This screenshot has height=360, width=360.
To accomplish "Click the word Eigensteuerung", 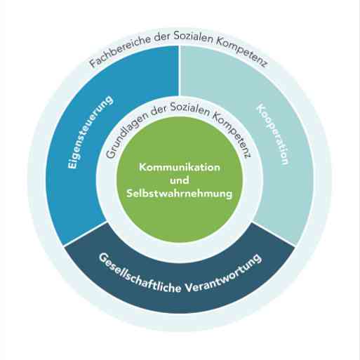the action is pos(90,131).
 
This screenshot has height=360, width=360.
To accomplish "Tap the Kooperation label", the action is pos(273,134).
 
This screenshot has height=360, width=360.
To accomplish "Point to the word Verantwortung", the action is pos(224,273).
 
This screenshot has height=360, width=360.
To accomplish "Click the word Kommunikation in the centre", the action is pos(180,167).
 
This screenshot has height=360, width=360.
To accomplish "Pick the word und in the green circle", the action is pos(180,180).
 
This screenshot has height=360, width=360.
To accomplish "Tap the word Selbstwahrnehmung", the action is pos(180,194).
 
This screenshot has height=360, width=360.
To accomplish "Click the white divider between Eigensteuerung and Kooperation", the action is pos(180,71).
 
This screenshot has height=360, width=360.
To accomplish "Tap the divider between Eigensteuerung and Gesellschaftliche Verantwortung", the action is pos(85,234).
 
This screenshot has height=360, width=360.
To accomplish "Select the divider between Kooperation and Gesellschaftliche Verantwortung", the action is pos(274,234).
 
